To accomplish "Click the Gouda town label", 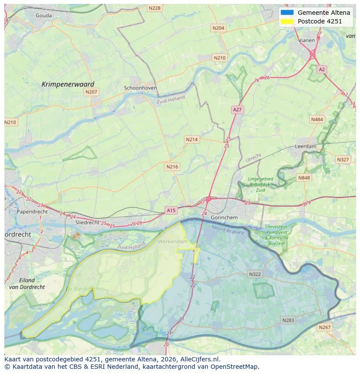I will coord(43,16).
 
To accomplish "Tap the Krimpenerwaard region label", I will coord(68,84).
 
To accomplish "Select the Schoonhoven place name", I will coord(140,88).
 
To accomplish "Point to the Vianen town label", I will coord(307,40).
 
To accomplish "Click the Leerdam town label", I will coord(305,147).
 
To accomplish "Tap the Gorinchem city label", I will coord(224,217).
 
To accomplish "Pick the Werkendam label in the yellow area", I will coord(173,242).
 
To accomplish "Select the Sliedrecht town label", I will coord(87,222).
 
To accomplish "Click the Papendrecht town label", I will coord(32,212).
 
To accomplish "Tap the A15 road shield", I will coord(171,210).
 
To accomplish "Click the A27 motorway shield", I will coord(237,110).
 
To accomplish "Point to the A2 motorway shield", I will coord(321,69).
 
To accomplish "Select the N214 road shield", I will coord(192,139).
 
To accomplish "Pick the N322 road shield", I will coord(255,274).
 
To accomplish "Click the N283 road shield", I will coord(288,320).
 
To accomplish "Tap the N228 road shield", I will coord(154,8).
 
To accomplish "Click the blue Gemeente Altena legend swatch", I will coord(287,13).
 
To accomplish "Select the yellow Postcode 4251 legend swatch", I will coord(287,21).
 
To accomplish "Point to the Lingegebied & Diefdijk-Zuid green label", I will coord(260,184).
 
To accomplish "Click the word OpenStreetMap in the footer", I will coord(233,367).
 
